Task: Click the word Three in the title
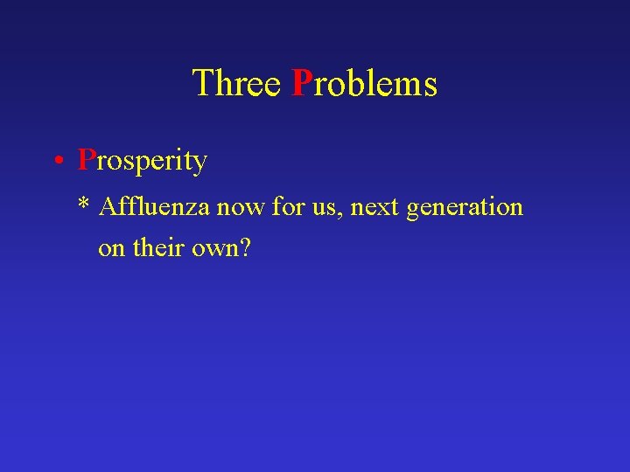(x=236, y=84)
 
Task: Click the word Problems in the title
(x=364, y=84)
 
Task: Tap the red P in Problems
(x=302, y=84)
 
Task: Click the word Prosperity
(x=143, y=161)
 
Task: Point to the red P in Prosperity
(x=86, y=160)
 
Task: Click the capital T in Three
(x=200, y=84)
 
